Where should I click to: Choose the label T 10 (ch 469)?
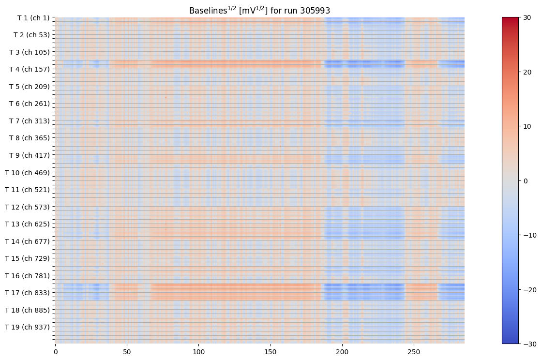[28, 172]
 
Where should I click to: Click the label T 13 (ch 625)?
[28, 224]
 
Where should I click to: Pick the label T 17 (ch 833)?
[28, 292]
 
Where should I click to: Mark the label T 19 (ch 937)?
[28, 327]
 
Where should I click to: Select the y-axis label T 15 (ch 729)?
[28, 258]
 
